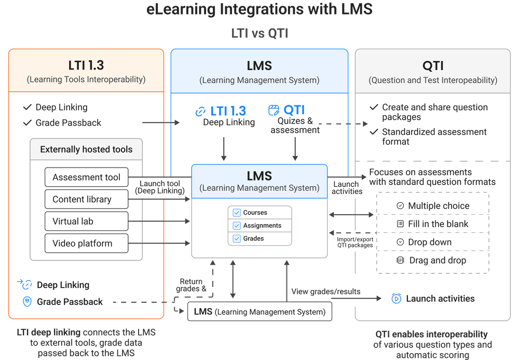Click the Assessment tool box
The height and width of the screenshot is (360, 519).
(x=86, y=177)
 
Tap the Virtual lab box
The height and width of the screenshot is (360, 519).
(x=86, y=221)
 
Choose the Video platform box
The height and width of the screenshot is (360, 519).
(x=86, y=243)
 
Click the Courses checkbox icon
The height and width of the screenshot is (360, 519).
(x=237, y=213)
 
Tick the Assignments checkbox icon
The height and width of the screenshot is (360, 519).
(x=237, y=226)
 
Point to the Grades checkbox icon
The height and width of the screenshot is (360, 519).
(x=237, y=239)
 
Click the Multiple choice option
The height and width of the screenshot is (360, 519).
(x=432, y=206)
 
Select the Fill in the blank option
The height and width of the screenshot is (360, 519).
(x=432, y=224)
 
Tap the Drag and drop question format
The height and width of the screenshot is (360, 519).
(x=432, y=260)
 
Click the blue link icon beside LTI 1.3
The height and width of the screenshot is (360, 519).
(x=200, y=111)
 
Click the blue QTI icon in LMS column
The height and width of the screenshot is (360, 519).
(x=274, y=110)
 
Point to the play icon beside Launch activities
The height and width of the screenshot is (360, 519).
(x=396, y=298)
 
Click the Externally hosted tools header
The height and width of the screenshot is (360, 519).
(x=86, y=149)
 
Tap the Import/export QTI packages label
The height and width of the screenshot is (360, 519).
(x=355, y=242)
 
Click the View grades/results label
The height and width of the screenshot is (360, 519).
(x=325, y=292)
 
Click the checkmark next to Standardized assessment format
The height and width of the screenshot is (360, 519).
(x=374, y=132)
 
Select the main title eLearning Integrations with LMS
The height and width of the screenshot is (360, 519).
(x=259, y=9)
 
